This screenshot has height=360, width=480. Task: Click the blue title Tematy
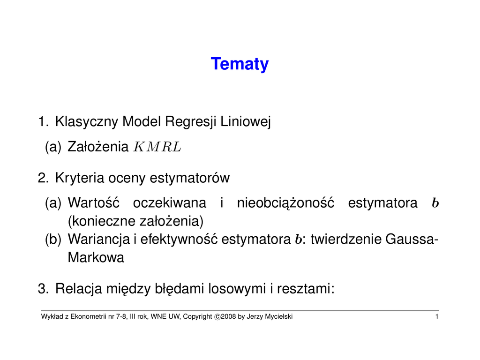(240, 64)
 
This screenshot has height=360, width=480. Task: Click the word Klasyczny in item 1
(87, 121)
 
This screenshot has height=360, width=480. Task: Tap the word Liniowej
(246, 121)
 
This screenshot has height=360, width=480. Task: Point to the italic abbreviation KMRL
(157, 147)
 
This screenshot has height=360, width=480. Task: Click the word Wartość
(93, 202)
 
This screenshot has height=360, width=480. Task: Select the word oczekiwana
(170, 203)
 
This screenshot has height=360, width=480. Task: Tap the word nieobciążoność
(285, 203)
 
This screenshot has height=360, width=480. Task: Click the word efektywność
(179, 239)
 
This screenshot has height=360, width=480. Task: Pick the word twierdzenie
(345, 239)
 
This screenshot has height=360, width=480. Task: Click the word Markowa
(96, 257)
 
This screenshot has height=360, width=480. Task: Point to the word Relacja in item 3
(79, 289)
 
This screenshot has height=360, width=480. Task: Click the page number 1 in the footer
(437, 316)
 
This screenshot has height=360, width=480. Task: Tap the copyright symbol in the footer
(217, 317)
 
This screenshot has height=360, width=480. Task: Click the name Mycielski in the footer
(278, 316)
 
